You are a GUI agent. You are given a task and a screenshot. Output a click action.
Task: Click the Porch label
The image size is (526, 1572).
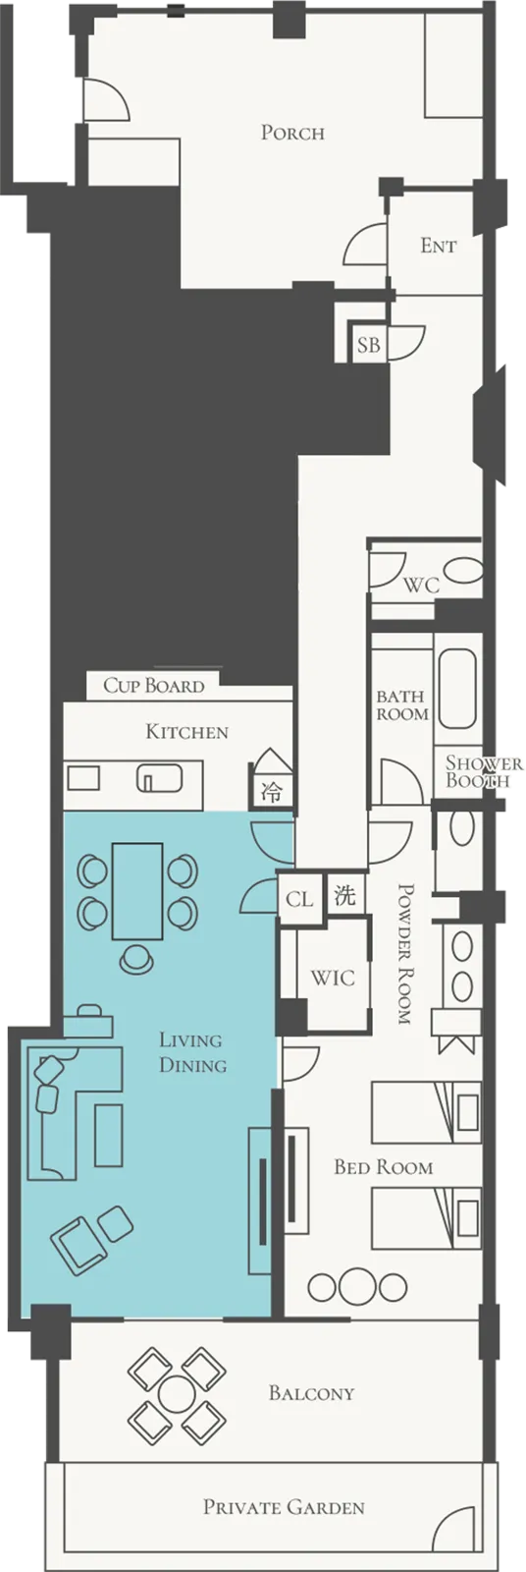292,133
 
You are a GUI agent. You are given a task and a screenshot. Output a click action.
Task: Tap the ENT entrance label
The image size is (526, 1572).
439,246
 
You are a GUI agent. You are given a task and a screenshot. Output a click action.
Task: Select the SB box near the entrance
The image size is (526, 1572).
369,344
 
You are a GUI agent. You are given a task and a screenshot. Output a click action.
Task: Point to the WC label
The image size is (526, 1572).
422,585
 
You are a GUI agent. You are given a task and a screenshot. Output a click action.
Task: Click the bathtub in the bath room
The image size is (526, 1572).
457,689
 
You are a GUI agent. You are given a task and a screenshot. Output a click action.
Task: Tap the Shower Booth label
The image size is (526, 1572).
484,771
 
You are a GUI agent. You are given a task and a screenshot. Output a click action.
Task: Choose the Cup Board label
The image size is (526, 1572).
154,685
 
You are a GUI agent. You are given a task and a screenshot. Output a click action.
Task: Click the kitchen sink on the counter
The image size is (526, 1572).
160,777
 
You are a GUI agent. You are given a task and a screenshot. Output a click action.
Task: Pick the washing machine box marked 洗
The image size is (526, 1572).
345,895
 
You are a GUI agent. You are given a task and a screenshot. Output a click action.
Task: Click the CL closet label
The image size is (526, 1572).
299,898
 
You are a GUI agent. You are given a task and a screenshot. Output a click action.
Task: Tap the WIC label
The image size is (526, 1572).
333,978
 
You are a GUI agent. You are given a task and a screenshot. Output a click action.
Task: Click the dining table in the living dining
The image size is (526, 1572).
137,890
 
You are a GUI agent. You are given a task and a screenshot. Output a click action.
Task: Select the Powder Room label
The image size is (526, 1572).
405,954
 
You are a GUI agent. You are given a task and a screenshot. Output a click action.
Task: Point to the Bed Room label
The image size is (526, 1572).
383,1167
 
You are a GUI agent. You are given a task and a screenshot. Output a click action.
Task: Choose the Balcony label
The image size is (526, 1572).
311,1393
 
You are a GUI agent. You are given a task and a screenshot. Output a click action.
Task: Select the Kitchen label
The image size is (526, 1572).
187,732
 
